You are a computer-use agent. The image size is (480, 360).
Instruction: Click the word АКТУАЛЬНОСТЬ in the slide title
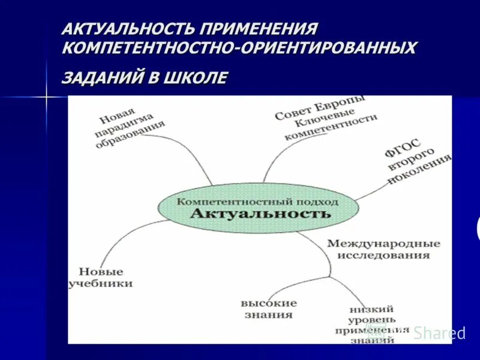click(x=130, y=28)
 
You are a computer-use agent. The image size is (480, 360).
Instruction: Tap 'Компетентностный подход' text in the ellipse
click(x=257, y=202)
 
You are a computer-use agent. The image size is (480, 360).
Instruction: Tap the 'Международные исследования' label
click(x=383, y=249)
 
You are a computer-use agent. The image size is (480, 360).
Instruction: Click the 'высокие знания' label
click(x=269, y=308)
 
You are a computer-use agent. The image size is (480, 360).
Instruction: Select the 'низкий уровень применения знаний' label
click(x=373, y=324)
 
